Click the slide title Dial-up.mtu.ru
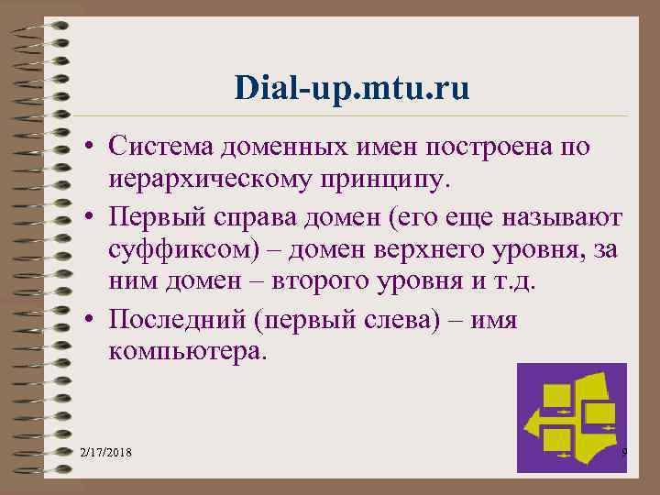[351, 88]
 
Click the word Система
[160, 146]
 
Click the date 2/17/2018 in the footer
[104, 454]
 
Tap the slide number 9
[623, 453]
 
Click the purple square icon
[571, 417]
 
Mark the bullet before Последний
[93, 320]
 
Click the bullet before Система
[93, 147]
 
